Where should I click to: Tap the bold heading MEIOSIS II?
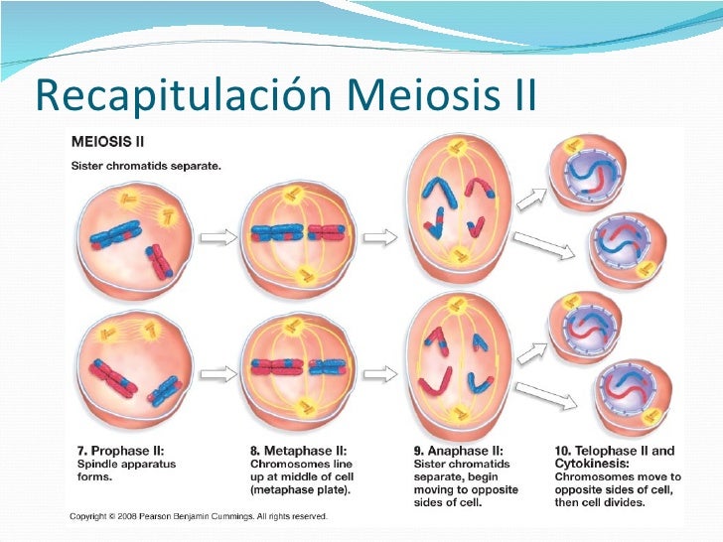pyautogui.click(x=107, y=145)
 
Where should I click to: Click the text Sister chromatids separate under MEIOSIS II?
pyautogui.click(x=146, y=166)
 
